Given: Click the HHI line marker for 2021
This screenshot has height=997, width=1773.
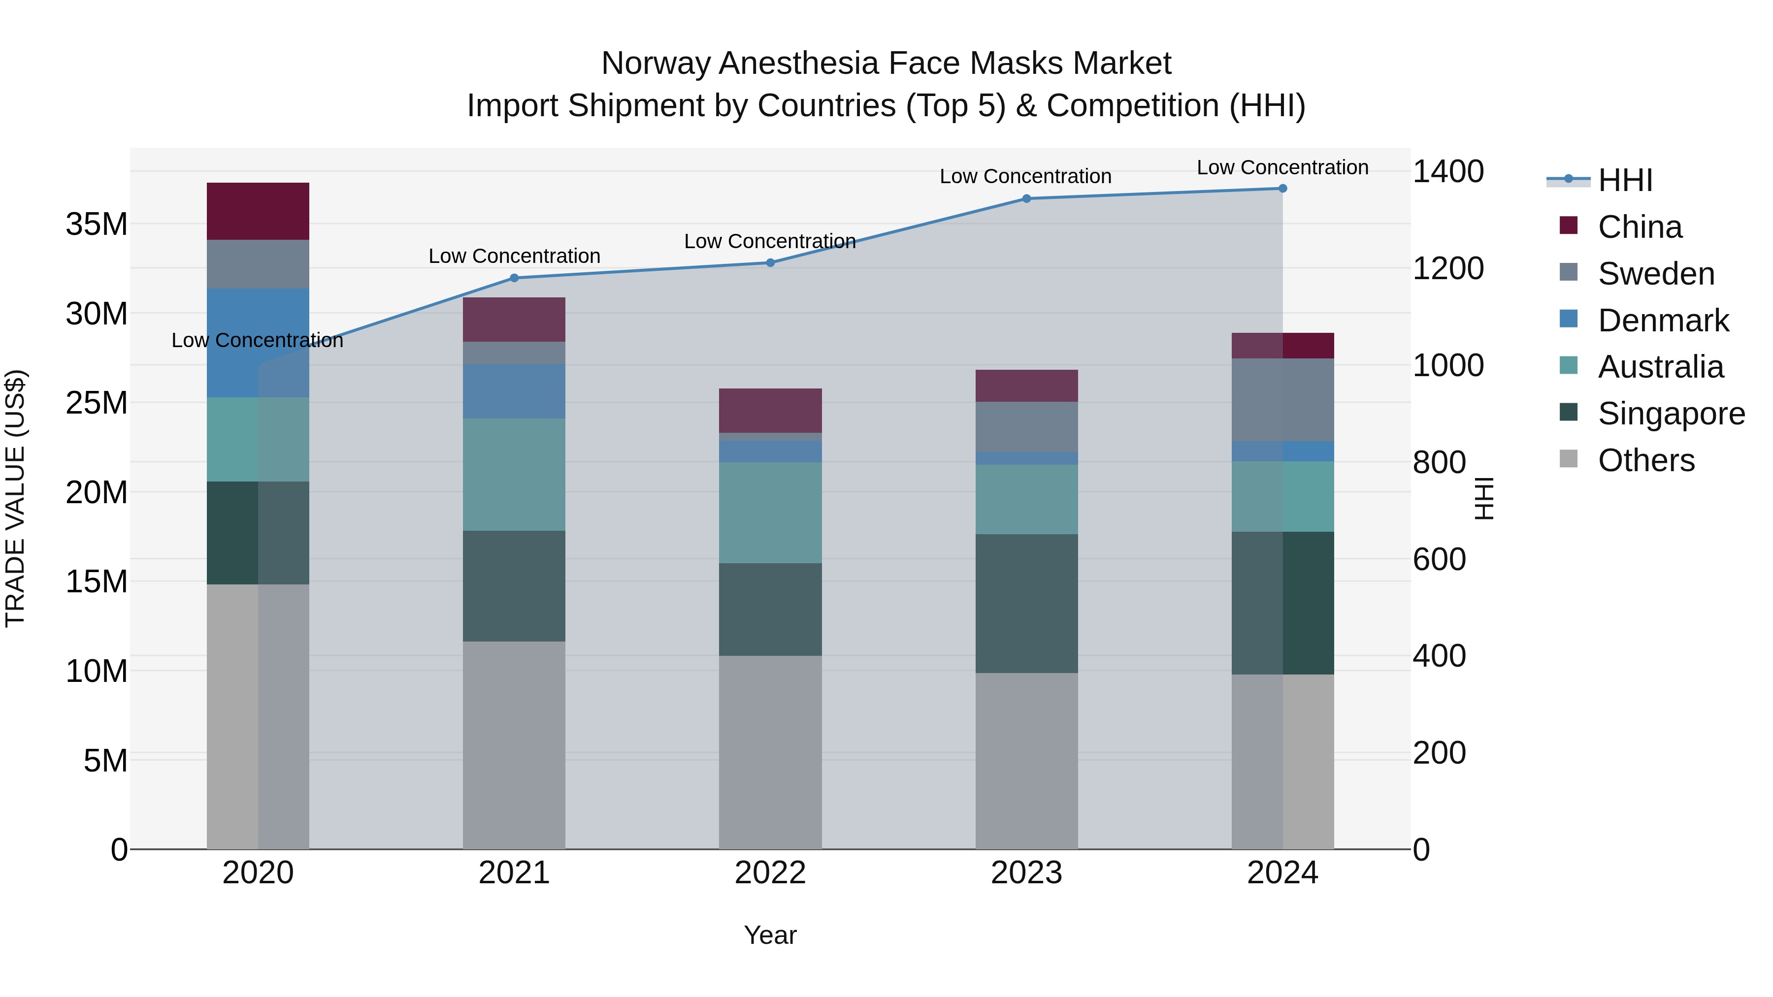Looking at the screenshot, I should [514, 278].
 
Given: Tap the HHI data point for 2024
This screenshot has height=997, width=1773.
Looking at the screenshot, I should [1282, 189].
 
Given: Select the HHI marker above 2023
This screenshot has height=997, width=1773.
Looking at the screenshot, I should [1026, 199].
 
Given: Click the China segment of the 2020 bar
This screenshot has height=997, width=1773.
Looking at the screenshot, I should [258, 211].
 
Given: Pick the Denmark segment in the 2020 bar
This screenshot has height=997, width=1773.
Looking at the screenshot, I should [258, 343].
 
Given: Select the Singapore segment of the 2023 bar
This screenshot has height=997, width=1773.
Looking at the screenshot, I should [1026, 604].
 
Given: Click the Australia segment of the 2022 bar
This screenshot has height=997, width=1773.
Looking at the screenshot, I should [770, 513].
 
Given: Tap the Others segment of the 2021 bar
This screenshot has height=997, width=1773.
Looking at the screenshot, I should [514, 745].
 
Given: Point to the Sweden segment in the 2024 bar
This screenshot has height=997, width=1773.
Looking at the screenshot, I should [1282, 400].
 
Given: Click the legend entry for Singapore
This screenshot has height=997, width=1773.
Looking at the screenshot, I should [1671, 414].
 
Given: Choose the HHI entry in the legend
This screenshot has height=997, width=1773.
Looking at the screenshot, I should [1624, 180].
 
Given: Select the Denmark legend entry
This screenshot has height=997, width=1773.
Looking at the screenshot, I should [1662, 321].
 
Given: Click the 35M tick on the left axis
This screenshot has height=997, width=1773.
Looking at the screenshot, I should [97, 225].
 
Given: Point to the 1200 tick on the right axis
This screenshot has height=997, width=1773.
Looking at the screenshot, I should [1447, 268].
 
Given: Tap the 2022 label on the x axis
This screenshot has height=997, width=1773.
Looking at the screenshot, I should [770, 873].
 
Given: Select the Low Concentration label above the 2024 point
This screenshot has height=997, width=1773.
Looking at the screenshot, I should [1282, 167].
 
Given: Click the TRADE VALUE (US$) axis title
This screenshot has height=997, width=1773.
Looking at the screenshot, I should [15, 498].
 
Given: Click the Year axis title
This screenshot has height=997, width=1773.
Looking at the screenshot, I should [770, 935].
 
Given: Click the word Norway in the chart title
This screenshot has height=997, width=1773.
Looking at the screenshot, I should [655, 64].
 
